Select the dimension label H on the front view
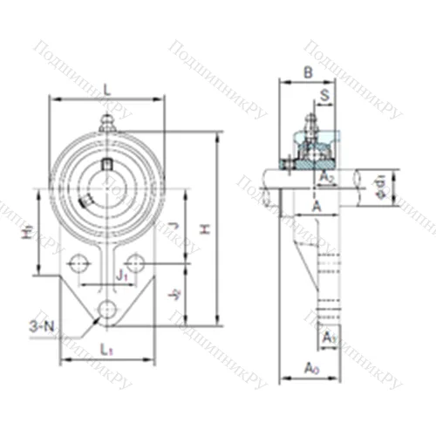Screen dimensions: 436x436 207,228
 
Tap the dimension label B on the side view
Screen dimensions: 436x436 309,72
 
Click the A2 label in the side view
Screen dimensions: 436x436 327,178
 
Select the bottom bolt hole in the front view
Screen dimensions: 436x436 107,310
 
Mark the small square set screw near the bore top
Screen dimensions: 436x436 107,162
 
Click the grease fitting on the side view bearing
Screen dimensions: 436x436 310,118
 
